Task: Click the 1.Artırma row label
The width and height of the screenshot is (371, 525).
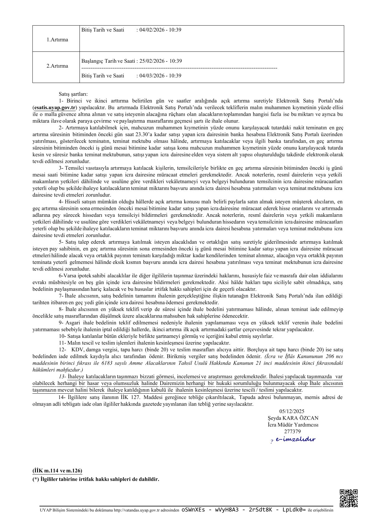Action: (x=57, y=40)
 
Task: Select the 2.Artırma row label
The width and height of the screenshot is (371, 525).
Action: (x=57, y=66)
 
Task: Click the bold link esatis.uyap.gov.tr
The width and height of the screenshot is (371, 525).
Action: (x=55, y=108)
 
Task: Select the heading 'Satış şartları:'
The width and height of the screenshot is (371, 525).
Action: (x=73, y=94)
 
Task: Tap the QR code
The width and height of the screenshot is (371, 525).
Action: (x=348, y=498)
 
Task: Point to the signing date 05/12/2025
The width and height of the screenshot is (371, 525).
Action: (x=292, y=411)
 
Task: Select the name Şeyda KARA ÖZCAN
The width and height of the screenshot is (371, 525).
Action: (x=293, y=418)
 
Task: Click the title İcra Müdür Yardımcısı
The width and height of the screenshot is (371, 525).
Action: (x=293, y=425)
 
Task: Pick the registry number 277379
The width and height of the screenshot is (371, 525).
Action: (x=292, y=432)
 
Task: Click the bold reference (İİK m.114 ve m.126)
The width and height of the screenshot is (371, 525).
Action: (x=57, y=471)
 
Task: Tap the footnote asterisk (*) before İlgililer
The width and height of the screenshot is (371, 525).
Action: (x=36, y=479)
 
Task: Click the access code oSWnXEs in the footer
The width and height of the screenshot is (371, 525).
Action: (x=193, y=510)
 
